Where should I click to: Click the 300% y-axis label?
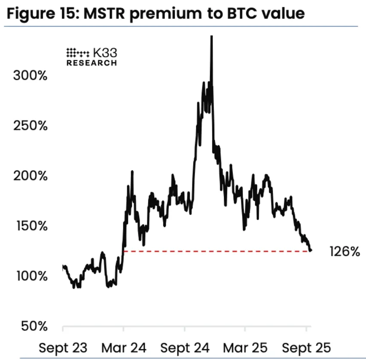(x=30, y=76)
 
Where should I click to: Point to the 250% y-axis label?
(x=30, y=126)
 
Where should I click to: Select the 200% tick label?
(x=30, y=176)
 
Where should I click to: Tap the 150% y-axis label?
(x=30, y=226)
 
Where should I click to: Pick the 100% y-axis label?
(x=30, y=276)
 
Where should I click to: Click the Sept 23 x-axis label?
(x=63, y=347)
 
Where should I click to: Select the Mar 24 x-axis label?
(x=124, y=347)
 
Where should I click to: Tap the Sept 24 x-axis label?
(x=185, y=347)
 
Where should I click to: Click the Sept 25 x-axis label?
(x=306, y=347)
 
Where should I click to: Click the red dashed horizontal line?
(x=215, y=251)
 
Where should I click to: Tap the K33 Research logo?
(x=91, y=56)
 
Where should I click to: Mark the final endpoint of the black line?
(x=311, y=250)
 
